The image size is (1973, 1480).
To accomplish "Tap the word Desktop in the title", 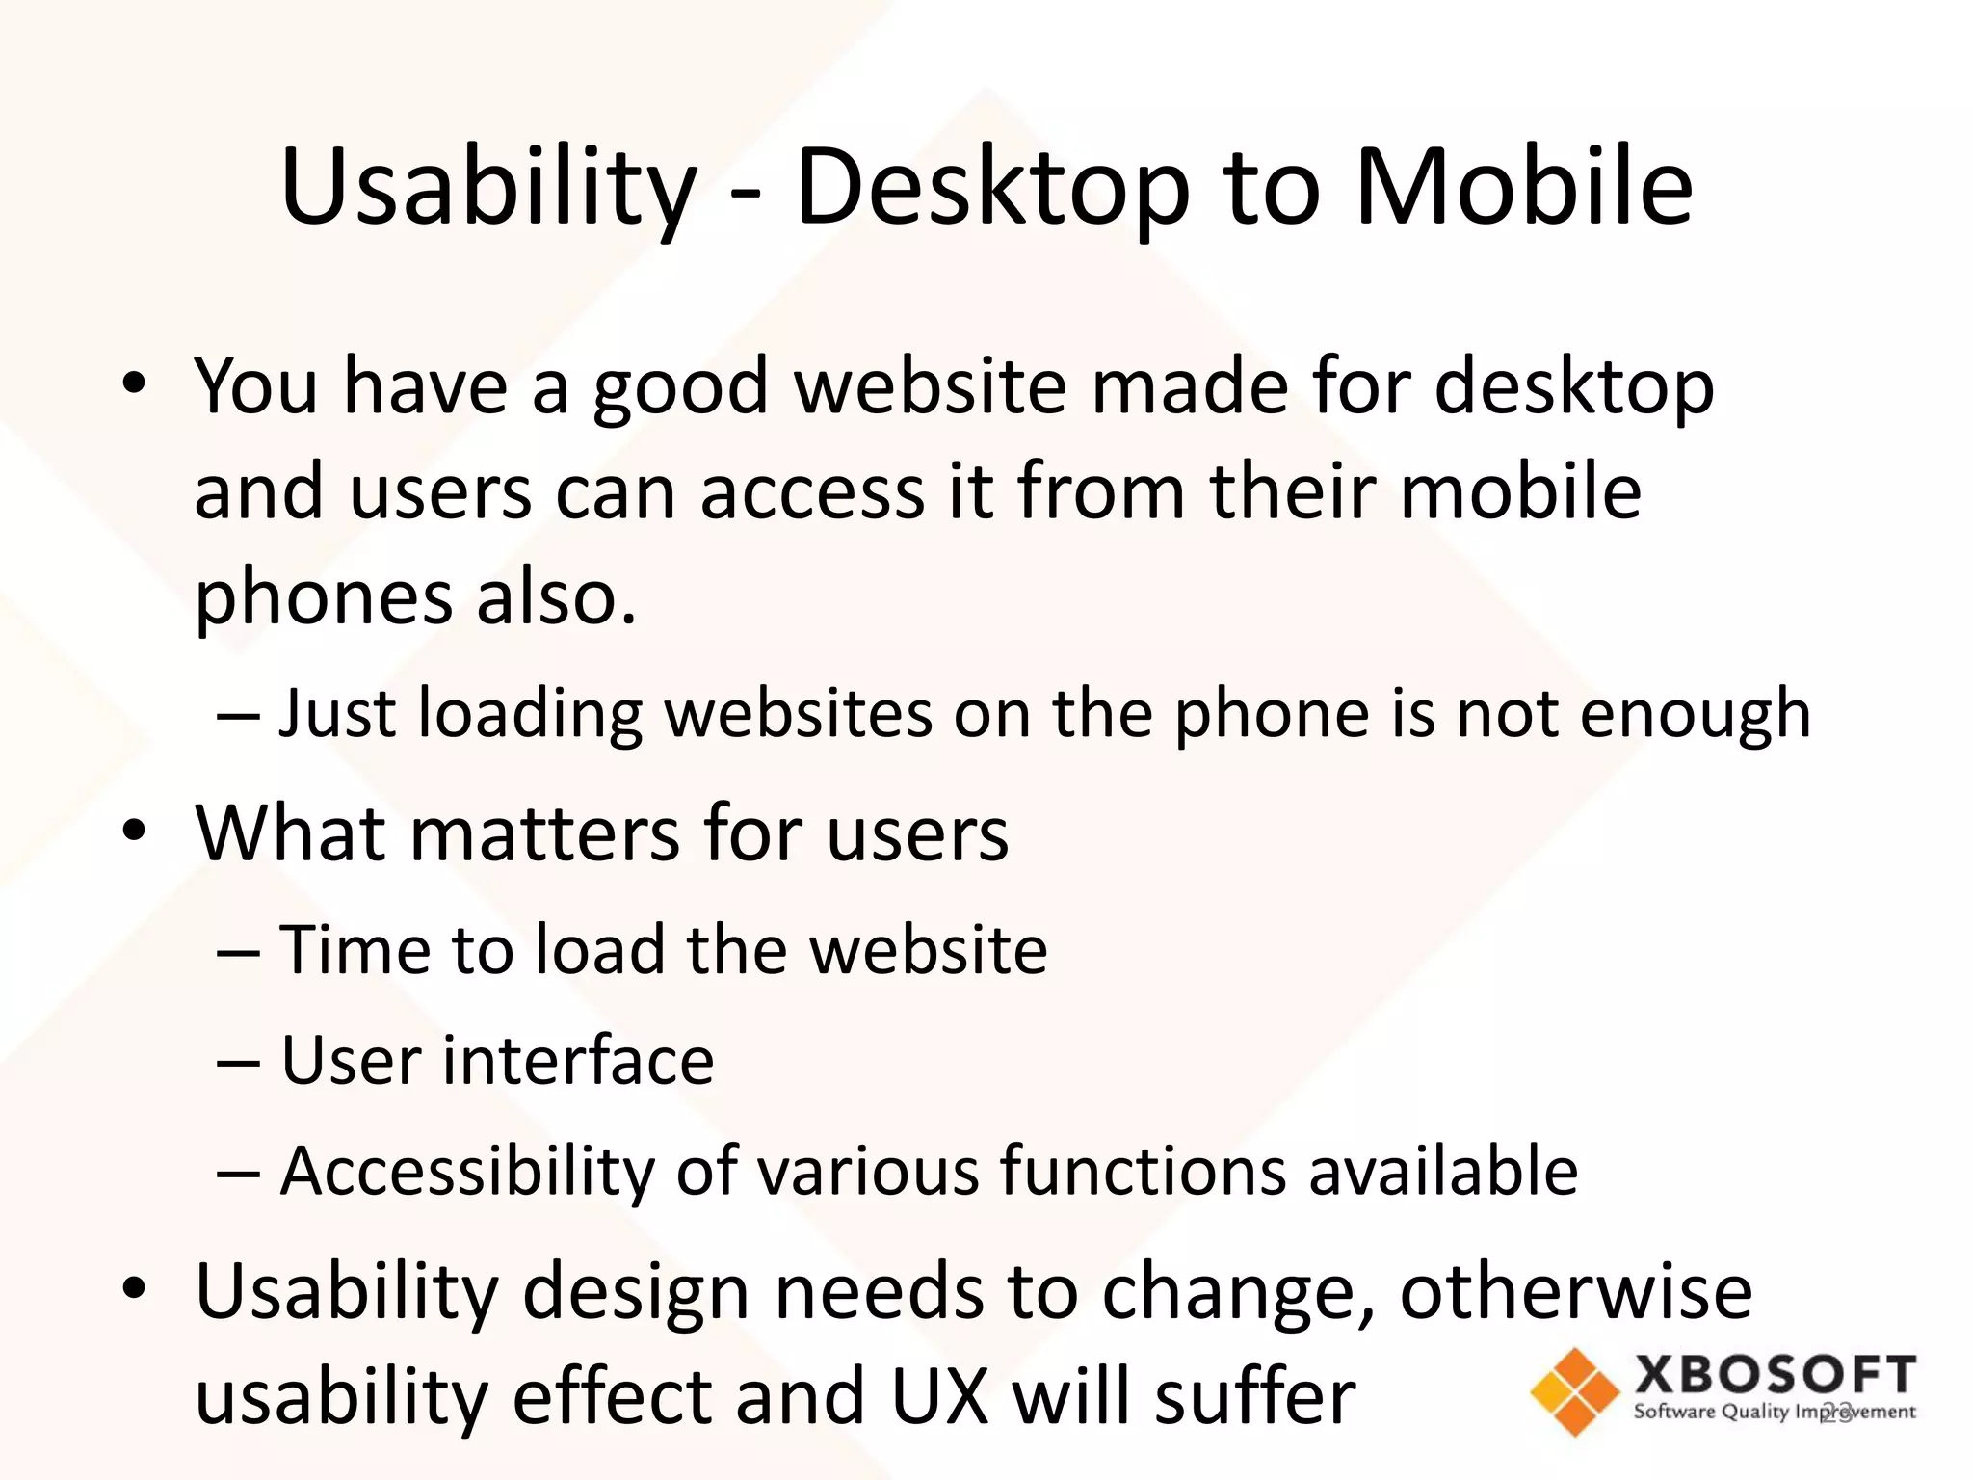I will click(992, 188).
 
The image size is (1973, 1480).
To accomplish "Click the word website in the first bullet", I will click(932, 386).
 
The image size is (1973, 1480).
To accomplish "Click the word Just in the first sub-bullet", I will click(337, 715).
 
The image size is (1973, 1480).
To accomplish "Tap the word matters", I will click(545, 832).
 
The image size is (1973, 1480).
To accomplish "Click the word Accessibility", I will click(467, 1172).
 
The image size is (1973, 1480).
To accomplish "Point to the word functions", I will click(1143, 1172).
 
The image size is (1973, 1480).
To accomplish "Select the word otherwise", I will click(1576, 1291).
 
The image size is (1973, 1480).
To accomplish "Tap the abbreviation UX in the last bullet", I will click(940, 1397).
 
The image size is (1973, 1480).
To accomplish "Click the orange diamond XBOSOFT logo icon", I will click(1574, 1391).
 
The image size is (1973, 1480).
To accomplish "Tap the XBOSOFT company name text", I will click(1775, 1375).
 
